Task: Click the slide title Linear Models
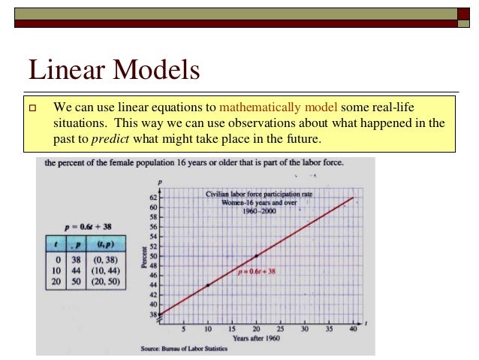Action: (x=114, y=71)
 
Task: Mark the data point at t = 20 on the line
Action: (x=256, y=256)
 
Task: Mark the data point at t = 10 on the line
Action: (x=208, y=286)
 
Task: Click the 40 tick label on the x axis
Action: (x=352, y=328)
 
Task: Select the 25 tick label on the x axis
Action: (x=280, y=328)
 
